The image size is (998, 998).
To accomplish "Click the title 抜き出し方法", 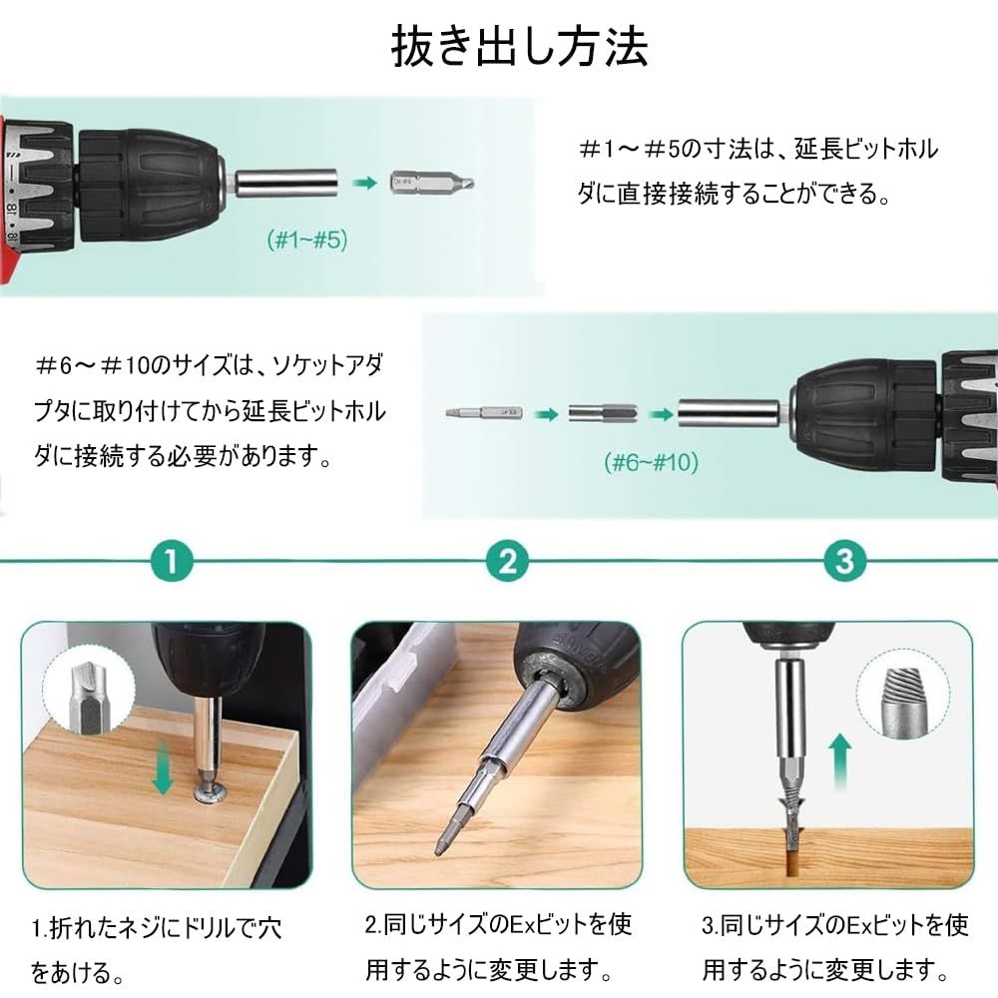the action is [x=519, y=47].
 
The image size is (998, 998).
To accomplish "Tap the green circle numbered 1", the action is [x=172, y=561].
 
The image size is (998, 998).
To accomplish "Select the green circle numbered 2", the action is [x=507, y=561].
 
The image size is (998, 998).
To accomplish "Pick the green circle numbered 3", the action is [x=844, y=561].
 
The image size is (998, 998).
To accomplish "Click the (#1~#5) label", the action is [x=307, y=240].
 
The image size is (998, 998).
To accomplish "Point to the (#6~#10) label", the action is [x=651, y=462].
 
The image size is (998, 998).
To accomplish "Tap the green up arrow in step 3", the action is [x=841, y=761].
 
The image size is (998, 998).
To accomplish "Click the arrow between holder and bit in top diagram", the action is [x=364, y=184].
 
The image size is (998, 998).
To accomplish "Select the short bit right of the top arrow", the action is [x=431, y=184].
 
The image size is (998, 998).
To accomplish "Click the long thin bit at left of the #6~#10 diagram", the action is [x=484, y=413].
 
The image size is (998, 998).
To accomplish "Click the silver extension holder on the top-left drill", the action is [x=283, y=184].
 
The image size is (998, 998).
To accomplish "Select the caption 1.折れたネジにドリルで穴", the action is [x=157, y=928].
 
